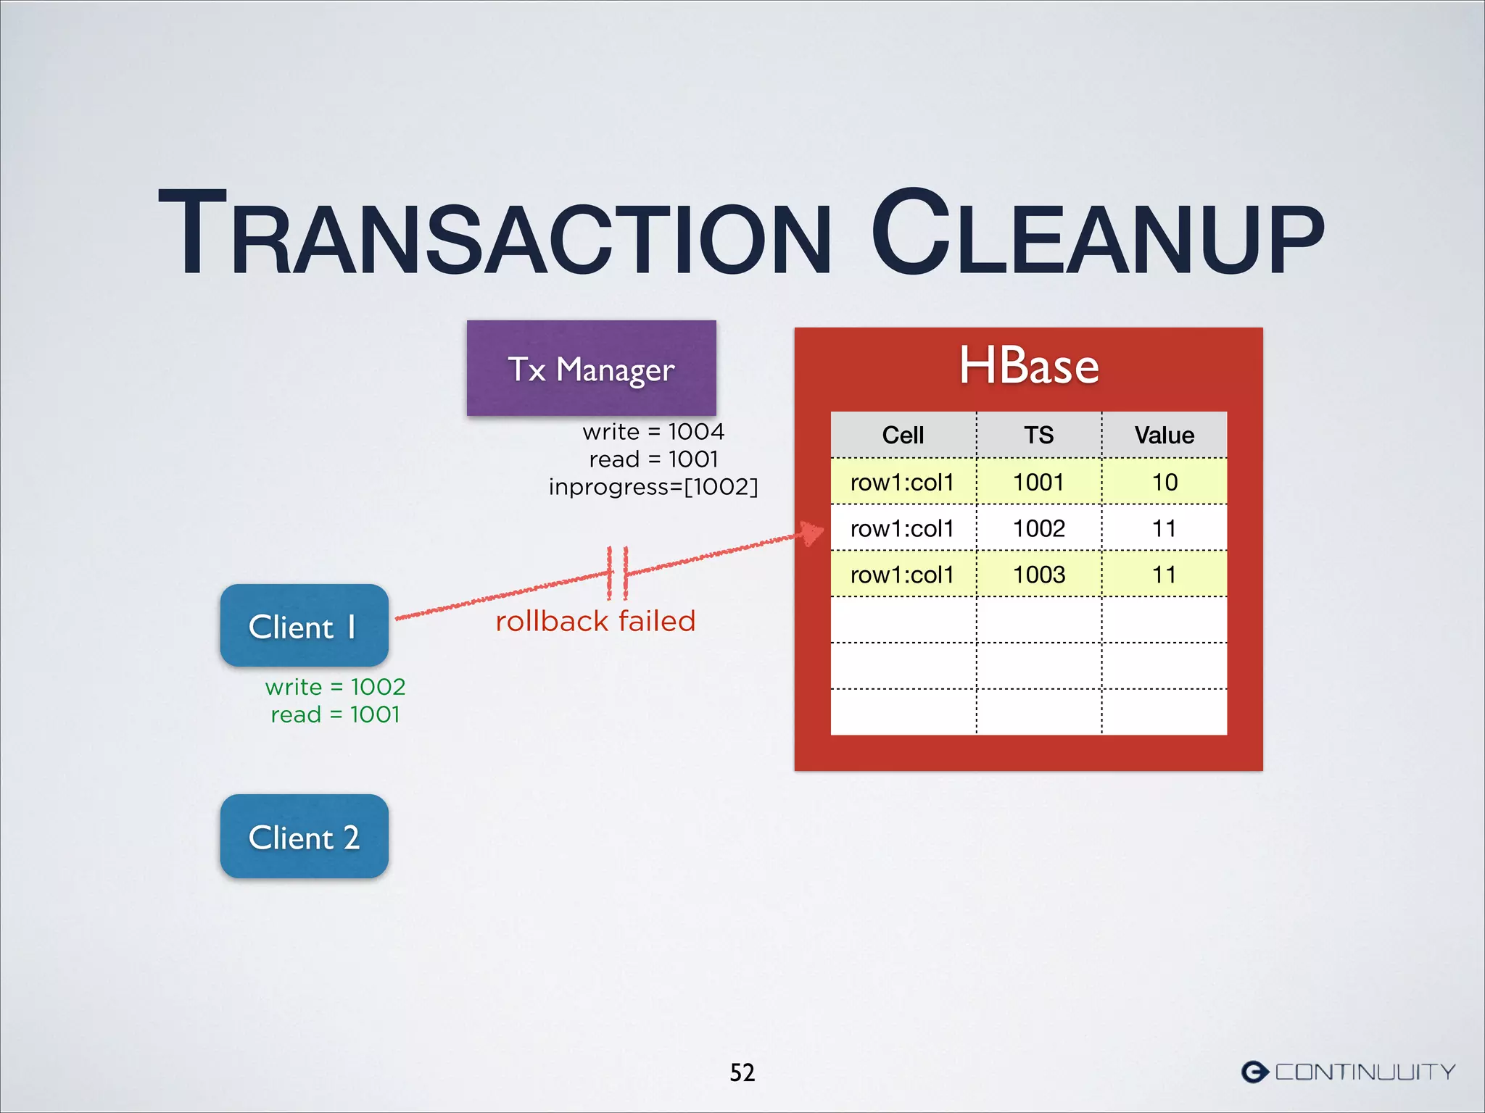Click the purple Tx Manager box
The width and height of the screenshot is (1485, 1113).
point(591,369)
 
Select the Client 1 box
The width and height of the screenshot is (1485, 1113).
point(304,626)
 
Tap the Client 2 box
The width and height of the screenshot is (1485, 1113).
point(304,836)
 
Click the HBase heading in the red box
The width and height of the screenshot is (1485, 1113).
point(1028,366)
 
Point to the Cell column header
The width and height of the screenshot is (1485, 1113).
point(903,435)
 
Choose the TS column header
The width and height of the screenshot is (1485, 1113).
point(1038,435)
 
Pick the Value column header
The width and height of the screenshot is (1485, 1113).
point(1164,435)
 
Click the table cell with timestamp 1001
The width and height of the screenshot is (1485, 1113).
point(1038,482)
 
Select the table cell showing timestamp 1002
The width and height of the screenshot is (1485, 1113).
point(1038,528)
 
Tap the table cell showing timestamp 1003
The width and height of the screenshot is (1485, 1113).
point(1038,575)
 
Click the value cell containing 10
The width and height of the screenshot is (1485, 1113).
point(1165,482)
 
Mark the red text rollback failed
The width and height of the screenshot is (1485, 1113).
point(595,621)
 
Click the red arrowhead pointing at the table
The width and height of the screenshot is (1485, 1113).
point(812,534)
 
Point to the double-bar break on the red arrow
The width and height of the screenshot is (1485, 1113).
point(617,572)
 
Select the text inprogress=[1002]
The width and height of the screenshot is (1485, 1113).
point(653,486)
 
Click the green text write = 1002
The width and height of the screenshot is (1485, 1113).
point(335,686)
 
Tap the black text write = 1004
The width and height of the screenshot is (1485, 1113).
point(653,432)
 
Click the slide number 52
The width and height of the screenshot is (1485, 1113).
point(742,1072)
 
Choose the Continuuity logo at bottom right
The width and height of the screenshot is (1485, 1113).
point(1348,1072)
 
